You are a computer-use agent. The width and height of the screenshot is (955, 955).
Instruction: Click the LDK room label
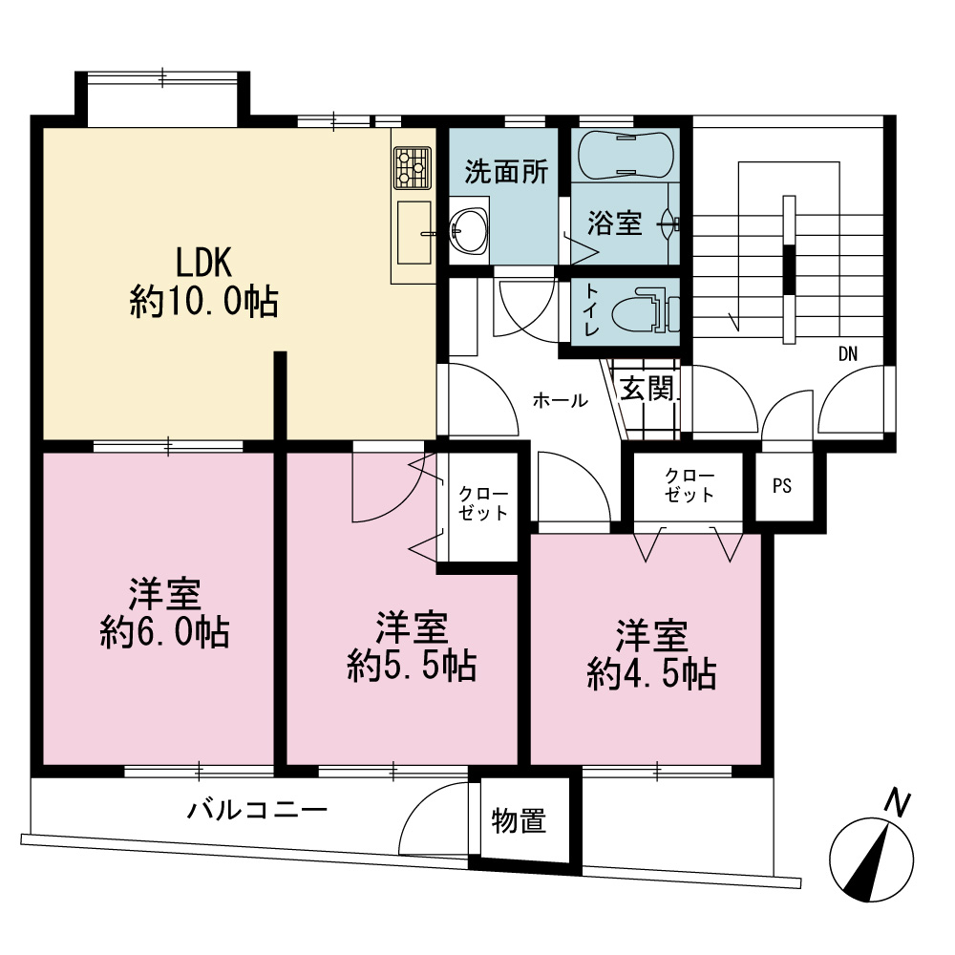(x=203, y=263)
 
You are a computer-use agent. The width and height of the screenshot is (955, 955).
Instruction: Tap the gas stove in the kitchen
(x=413, y=167)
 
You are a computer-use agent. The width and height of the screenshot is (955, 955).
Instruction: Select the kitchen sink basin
(x=414, y=233)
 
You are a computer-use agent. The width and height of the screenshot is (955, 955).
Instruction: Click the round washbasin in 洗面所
(x=468, y=231)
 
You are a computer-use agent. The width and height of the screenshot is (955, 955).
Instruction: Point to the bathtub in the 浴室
(x=626, y=155)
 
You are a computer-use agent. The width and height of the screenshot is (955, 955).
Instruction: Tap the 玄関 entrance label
(x=647, y=388)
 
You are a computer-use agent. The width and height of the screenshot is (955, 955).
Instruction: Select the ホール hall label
(x=560, y=400)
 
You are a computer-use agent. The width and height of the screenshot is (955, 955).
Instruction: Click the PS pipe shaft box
(x=784, y=486)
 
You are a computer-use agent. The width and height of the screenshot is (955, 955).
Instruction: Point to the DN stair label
(x=848, y=354)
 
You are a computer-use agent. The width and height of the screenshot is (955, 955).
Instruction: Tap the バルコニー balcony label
(x=257, y=810)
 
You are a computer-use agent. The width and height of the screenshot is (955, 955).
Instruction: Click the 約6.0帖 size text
(x=165, y=633)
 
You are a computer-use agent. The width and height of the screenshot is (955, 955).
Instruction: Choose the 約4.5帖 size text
(x=651, y=674)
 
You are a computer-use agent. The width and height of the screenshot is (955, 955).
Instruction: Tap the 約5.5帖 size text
(x=412, y=666)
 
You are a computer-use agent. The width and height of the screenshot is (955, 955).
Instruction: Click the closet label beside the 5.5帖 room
(x=483, y=503)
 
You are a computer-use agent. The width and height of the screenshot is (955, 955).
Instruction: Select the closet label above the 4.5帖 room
(x=690, y=485)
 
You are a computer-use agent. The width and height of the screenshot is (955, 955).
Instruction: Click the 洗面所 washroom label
(x=507, y=172)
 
